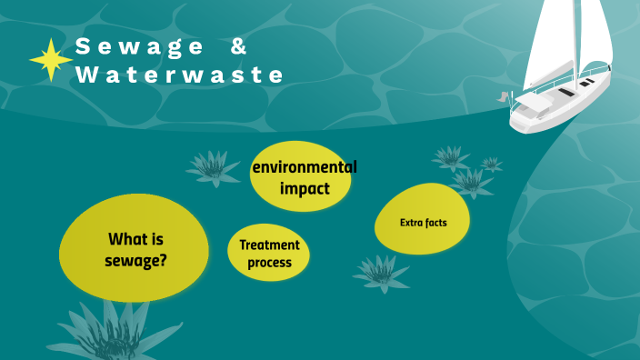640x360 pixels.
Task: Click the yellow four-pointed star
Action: coord(51,59)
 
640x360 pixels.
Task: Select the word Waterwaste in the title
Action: coord(180,75)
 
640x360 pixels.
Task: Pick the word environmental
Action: coord(305,167)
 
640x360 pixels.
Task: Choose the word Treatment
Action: coord(269,245)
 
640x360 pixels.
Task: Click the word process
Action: coord(269,263)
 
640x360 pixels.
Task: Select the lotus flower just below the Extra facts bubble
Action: coord(381,272)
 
